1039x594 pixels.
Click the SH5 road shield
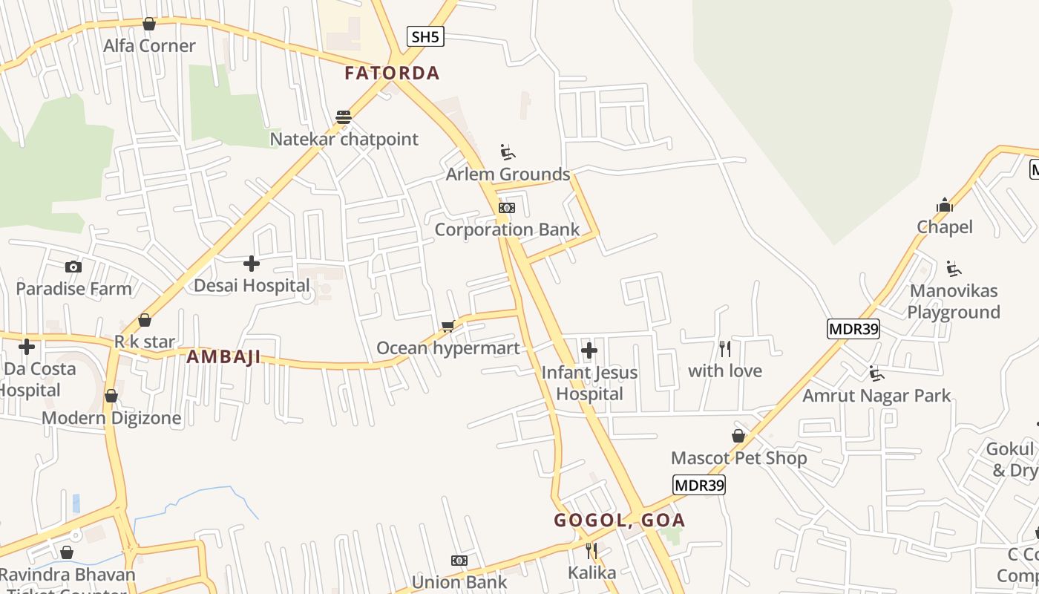[x=425, y=36]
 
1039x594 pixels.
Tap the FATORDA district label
[x=392, y=73]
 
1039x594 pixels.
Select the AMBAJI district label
[x=223, y=357]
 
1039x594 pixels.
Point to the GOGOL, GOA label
[x=619, y=520]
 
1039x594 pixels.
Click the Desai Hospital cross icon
[x=252, y=264]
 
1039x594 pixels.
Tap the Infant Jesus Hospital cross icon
[x=589, y=350]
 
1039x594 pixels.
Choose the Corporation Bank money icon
[x=507, y=208]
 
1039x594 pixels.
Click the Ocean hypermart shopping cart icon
[x=448, y=327]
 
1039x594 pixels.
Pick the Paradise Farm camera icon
[x=73, y=267]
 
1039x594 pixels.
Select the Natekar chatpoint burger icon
[x=343, y=117]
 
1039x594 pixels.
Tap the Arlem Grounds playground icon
[x=508, y=153]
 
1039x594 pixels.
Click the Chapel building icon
[x=945, y=205]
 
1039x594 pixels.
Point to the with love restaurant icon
[x=725, y=348]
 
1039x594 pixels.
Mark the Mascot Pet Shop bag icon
[x=738, y=436]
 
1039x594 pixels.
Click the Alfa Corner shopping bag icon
[x=149, y=24]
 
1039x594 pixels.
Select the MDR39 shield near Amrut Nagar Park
[x=853, y=329]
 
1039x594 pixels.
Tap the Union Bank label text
[x=459, y=582]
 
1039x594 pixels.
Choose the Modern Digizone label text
[x=111, y=418]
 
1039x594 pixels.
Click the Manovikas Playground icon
[x=954, y=269]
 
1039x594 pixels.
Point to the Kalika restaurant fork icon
[x=591, y=551]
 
